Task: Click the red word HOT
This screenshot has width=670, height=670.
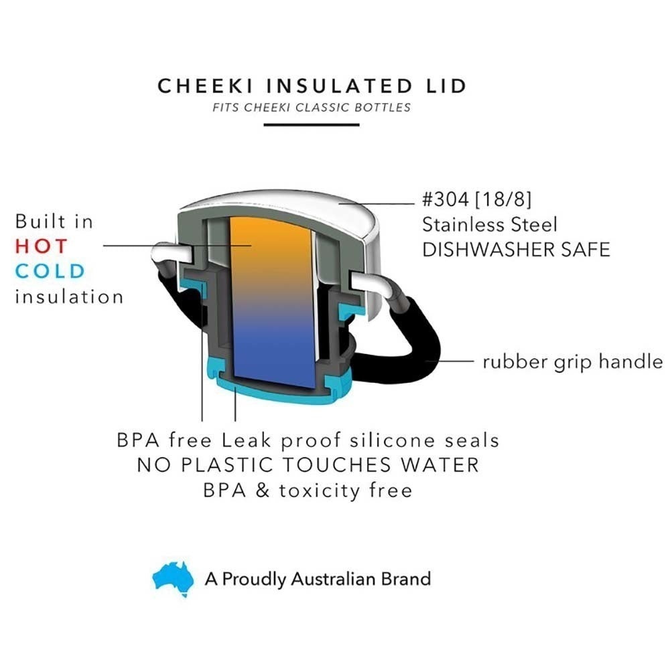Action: [x=42, y=246]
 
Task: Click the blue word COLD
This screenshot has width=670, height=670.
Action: [x=50, y=271]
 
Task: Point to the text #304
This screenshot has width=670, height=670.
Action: [x=444, y=199]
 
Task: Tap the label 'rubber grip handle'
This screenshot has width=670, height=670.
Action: [x=572, y=362]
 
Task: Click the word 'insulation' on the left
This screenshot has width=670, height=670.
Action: [x=69, y=297]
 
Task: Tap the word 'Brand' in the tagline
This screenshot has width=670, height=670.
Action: [x=406, y=578]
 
